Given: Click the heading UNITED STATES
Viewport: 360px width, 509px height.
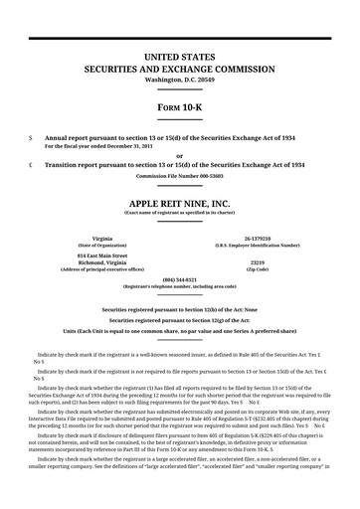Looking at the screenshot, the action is pos(179,58).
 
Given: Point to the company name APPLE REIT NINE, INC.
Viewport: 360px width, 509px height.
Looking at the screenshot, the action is pos(179,203).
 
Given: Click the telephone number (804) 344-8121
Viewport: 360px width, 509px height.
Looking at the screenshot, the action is pos(179,279).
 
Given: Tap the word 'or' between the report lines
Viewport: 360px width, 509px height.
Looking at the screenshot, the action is pos(179,155).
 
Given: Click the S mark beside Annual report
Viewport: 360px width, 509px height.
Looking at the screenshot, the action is pos(32,138).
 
